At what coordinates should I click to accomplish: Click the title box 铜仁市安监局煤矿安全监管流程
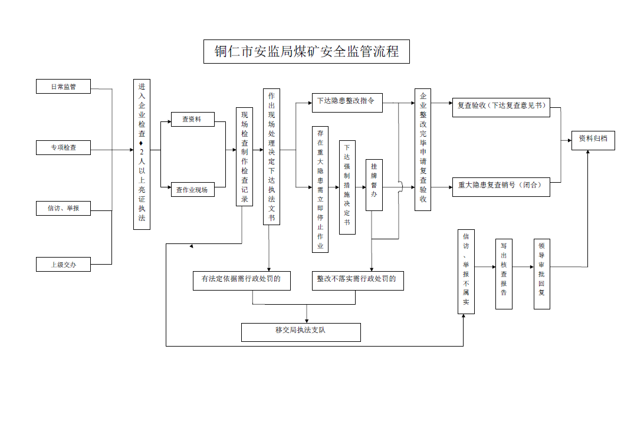307,51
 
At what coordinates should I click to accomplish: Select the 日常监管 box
64,87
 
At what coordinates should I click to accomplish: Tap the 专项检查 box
64,147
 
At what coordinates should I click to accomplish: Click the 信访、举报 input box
64,208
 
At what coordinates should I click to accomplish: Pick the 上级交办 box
64,264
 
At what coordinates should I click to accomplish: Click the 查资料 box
193,119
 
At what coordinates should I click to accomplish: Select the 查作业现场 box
193,190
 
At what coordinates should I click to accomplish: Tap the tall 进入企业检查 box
142,154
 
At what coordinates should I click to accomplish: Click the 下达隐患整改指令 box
347,103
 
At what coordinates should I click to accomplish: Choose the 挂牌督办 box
374,185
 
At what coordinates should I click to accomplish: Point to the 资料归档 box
593,140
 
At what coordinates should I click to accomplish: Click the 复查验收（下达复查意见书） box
501,107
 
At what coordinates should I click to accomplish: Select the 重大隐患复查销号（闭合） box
501,187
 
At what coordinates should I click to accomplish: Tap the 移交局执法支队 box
301,332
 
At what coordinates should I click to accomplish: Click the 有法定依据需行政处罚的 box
242,281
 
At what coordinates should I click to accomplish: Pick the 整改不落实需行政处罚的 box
358,281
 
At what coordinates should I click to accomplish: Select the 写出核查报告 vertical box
504,274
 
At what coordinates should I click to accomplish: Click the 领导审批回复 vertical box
542,274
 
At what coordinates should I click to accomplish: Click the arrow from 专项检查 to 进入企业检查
112,150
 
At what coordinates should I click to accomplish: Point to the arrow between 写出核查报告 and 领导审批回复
523,267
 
